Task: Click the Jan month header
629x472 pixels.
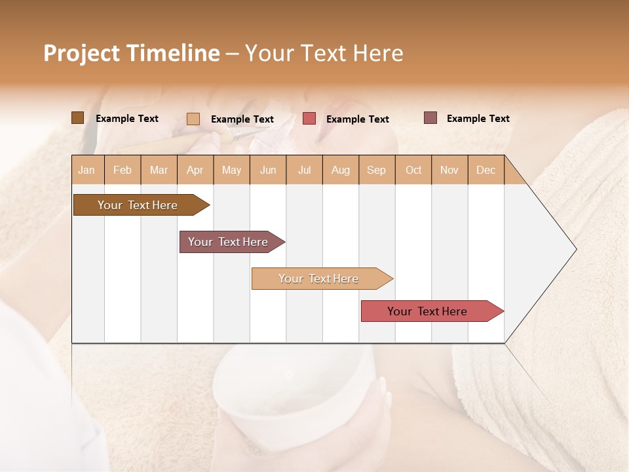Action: point(86,170)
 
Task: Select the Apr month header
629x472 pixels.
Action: point(195,170)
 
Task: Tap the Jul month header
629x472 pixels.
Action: point(304,170)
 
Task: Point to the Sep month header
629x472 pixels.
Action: point(376,170)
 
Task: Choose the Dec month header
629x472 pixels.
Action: point(486,170)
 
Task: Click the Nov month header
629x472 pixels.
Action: point(449,170)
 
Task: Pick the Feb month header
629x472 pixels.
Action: point(123,170)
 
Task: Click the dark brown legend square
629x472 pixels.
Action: point(77,118)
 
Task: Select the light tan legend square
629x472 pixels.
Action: point(193,119)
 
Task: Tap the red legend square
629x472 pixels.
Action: point(309,119)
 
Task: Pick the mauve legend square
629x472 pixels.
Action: point(430,118)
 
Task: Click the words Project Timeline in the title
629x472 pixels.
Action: point(131,53)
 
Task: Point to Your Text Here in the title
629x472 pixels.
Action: point(324,53)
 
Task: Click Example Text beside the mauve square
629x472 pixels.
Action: point(478,119)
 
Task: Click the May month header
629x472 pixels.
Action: point(231,170)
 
